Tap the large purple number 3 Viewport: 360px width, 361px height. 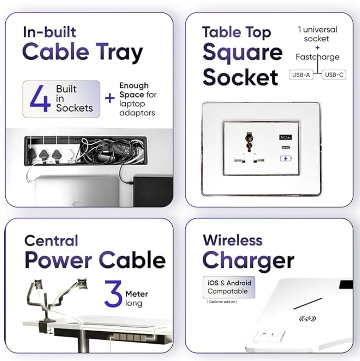tap(113, 294)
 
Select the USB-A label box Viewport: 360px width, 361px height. tap(301, 75)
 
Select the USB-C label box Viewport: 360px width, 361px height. tap(334, 75)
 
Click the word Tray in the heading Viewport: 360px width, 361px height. tap(119, 52)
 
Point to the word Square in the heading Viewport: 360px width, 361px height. tap(243, 53)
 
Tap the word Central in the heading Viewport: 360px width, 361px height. tap(51, 240)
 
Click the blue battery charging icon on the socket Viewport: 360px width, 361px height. tap(286, 158)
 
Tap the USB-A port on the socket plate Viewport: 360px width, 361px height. tap(286, 137)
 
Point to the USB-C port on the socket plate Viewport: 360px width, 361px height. tap(286, 148)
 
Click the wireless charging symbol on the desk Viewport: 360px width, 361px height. tap(307, 319)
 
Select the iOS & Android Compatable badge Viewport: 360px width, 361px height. tap(229, 287)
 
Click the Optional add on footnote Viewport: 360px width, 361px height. tap(222, 302)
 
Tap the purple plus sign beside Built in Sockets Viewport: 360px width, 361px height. tap(110, 99)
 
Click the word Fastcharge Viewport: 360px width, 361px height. tap(318, 57)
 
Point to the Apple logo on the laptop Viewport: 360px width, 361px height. tap(77, 204)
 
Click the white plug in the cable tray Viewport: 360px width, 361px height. tap(70, 155)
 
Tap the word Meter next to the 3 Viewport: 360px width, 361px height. tap(137, 294)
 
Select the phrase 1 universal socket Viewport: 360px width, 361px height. tap(317, 34)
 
